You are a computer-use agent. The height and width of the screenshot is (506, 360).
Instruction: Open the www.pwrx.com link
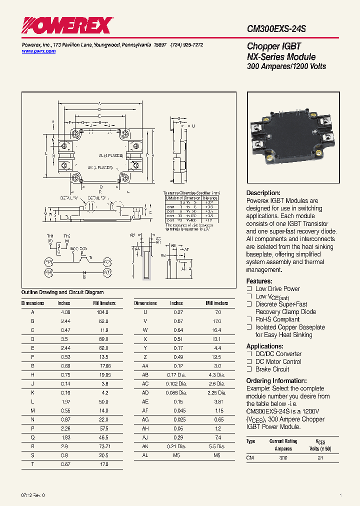tap(38, 51)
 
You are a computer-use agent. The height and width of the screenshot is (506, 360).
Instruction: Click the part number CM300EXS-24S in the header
tap(276, 29)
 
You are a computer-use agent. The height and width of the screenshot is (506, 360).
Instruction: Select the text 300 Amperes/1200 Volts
tap(286, 66)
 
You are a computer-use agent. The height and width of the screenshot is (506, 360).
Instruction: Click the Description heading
tap(263, 193)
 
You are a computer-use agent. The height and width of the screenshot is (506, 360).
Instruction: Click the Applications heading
tap(265, 346)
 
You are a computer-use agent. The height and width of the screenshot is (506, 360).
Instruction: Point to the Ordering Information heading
tap(276, 380)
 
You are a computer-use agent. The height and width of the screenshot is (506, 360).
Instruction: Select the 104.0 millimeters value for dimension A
tap(101, 311)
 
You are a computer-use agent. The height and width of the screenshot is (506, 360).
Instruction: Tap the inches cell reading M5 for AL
tap(176, 455)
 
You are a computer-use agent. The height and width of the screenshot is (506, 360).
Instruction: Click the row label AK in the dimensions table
tap(145, 446)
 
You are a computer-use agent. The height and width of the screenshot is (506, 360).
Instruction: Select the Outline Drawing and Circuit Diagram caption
tap(62, 292)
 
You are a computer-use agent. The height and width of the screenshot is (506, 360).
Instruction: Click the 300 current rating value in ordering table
tap(283, 458)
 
